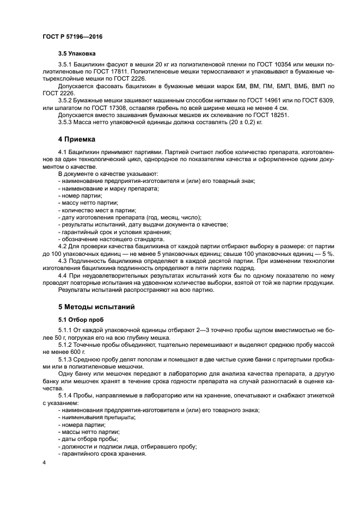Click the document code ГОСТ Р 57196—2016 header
pos(72,36)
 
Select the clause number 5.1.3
pos(67,360)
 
